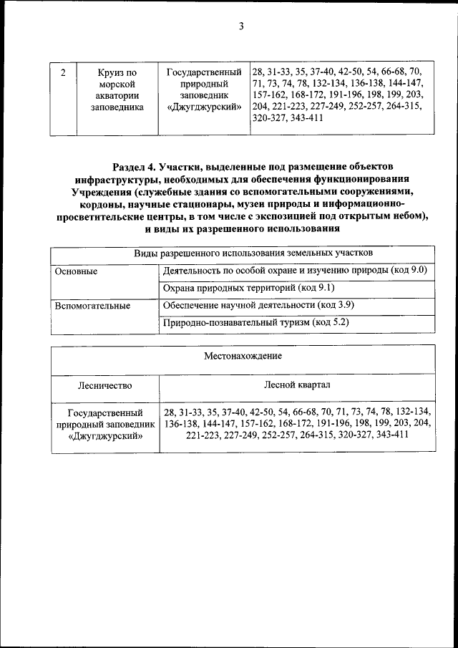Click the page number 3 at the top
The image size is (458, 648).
tap(240, 27)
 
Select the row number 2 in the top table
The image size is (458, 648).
tap(64, 72)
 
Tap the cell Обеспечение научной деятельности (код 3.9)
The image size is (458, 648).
tap(259, 306)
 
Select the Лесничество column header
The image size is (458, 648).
tap(104, 385)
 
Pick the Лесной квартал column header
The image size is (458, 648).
tap(297, 385)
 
